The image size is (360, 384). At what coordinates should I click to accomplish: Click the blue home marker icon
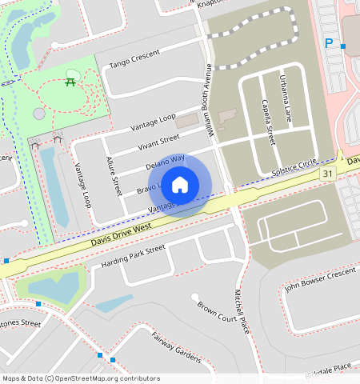pyautogui.click(x=180, y=185)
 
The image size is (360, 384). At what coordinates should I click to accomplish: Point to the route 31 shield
pyautogui.click(x=327, y=174)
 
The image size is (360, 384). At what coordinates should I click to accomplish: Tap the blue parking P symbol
pyautogui.click(x=328, y=43)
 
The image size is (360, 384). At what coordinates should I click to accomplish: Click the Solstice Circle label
pyautogui.click(x=294, y=169)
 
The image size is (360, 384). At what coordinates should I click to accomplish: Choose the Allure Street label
pyautogui.click(x=113, y=177)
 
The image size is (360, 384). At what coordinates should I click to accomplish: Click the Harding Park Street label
pyautogui.click(x=133, y=256)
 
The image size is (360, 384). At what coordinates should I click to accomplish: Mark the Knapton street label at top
pyautogui.click(x=213, y=4)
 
